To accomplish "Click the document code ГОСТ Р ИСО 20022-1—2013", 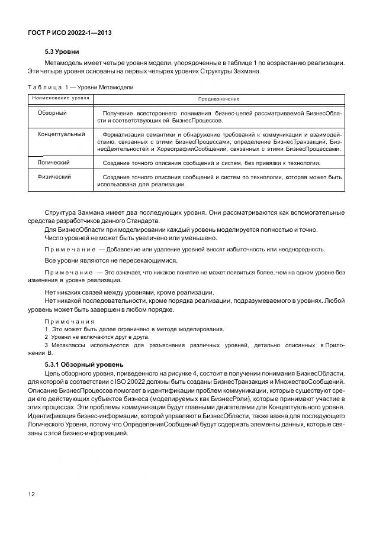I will pyautogui.click(x=70, y=34).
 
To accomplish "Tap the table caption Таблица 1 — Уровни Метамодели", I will pyautogui.click(x=81, y=87).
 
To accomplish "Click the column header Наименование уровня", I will pyautogui.click(x=61, y=98).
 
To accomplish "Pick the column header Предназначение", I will pyautogui.click(x=218, y=98).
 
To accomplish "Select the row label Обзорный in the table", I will pyautogui.click(x=52, y=112).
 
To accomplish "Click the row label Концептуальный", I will pyautogui.click(x=61, y=134).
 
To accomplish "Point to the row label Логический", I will pyautogui.click(x=54, y=162).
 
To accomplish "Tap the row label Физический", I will pyautogui.click(x=54, y=176).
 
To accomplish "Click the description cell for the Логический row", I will pyautogui.click(x=211, y=163).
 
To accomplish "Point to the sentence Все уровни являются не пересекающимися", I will pyautogui.click(x=111, y=260).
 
